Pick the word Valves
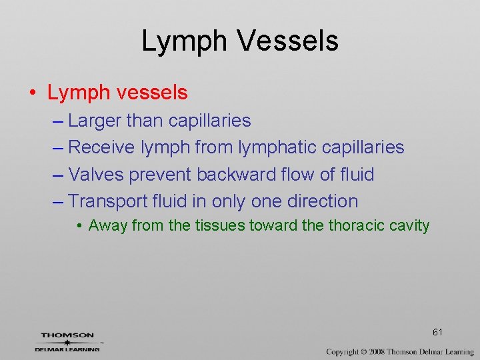96,175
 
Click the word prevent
161,175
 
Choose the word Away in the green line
108,226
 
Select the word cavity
411,226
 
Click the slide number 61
437,332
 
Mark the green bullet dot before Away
80,227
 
